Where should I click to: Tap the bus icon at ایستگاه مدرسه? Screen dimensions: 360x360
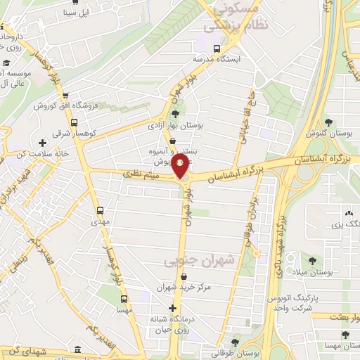[x=217, y=49]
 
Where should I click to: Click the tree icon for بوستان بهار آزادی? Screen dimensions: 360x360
[x=174, y=114]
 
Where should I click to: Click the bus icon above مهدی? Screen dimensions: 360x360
[x=100, y=210]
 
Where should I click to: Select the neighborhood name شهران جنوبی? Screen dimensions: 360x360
[x=190, y=262]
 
